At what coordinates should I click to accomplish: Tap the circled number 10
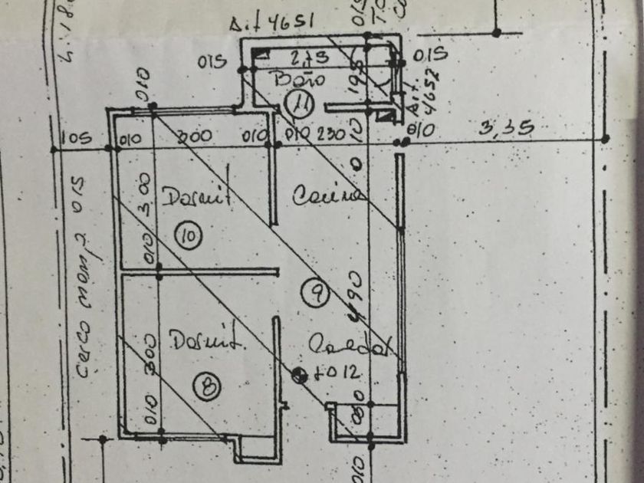(188, 238)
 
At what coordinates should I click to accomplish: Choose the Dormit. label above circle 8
(197, 340)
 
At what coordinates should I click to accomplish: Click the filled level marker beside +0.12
(299, 374)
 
